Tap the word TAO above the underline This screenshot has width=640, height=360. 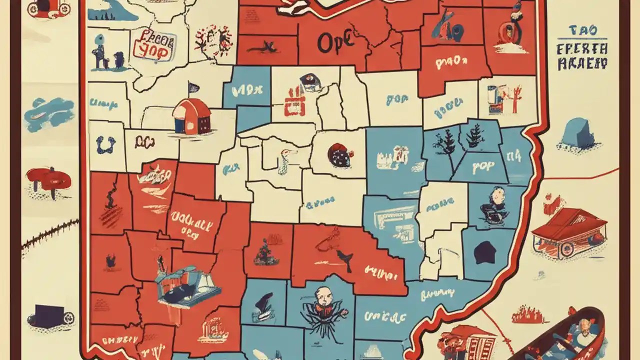tap(583, 30)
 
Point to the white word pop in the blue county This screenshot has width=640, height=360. tap(479, 167)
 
